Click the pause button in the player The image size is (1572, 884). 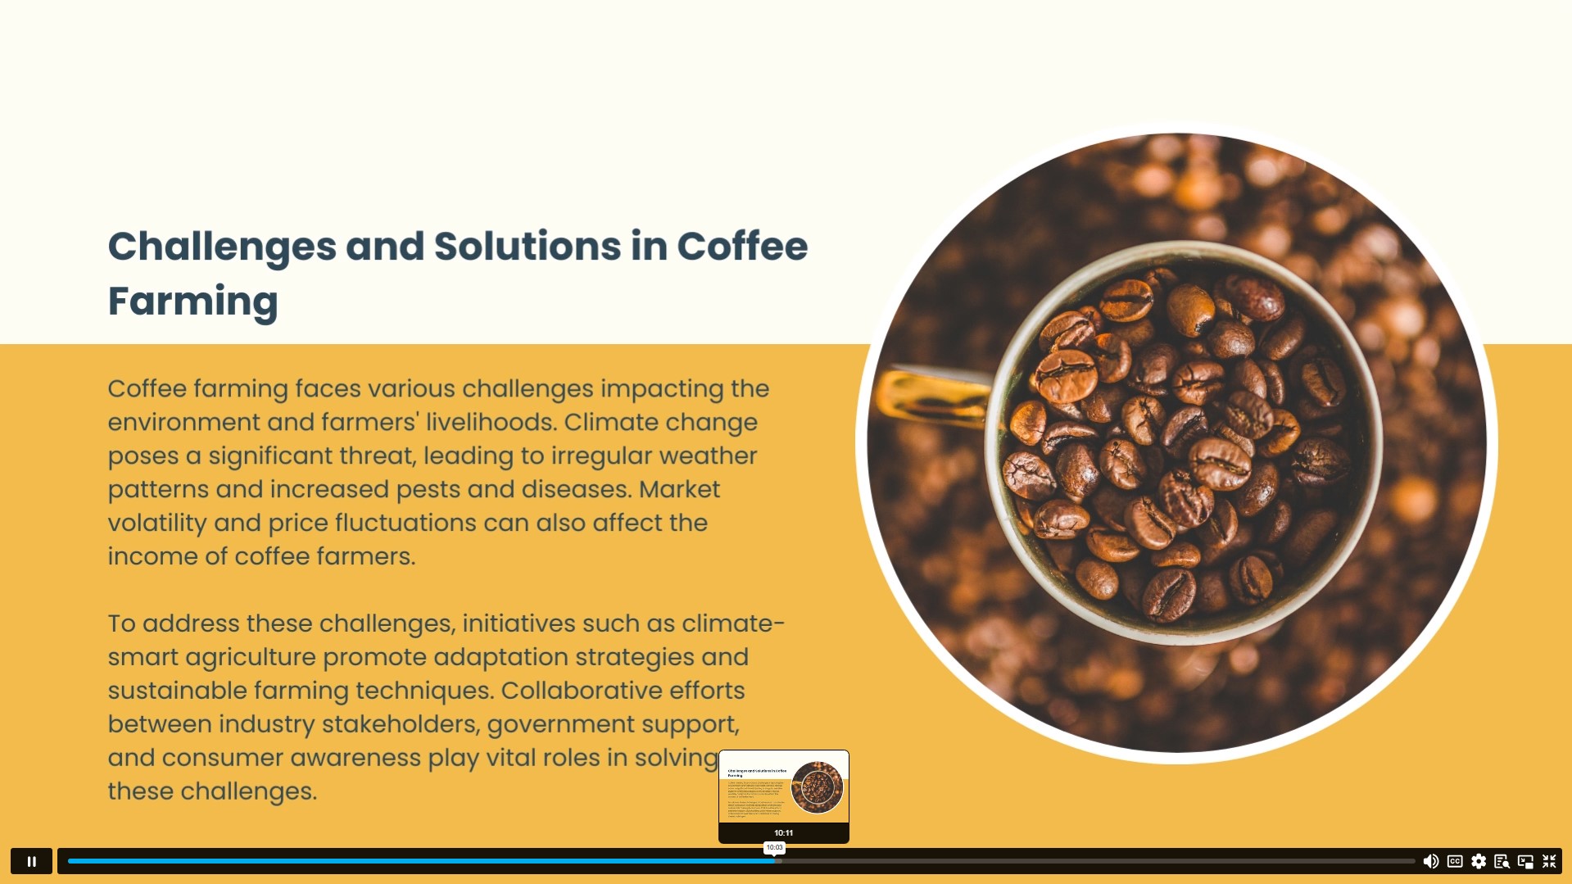point(32,861)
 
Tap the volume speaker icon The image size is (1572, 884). point(1430,861)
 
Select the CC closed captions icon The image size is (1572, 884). point(1455,861)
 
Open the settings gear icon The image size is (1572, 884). point(1479,861)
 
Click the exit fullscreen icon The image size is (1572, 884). point(1549,861)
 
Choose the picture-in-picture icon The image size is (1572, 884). point(1525,861)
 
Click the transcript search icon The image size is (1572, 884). point(1502,861)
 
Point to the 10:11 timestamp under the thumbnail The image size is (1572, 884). point(784,832)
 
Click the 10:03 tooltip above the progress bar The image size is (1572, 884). point(774,847)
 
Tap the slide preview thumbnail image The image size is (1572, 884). point(784,787)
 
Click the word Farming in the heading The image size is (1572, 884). point(193,301)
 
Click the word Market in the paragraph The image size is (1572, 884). point(679,489)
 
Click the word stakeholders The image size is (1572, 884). point(401,724)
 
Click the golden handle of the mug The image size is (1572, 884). point(932,397)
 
